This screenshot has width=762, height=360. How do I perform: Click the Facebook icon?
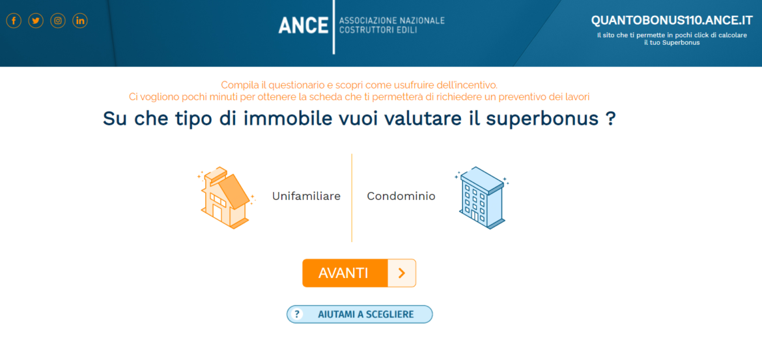[14, 21]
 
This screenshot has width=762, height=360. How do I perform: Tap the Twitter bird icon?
[36, 21]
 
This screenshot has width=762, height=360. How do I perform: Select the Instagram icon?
[58, 21]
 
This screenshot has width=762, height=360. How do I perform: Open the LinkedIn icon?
[80, 21]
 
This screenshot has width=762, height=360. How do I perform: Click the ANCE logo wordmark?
[303, 25]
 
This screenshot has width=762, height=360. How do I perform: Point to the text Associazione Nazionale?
[391, 21]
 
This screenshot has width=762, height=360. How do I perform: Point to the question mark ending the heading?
[610, 120]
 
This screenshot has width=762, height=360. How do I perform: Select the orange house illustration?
[225, 197]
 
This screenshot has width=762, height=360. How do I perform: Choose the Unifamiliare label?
[306, 196]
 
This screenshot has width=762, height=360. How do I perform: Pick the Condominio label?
[401, 196]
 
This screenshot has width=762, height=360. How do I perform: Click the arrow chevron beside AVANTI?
[401, 273]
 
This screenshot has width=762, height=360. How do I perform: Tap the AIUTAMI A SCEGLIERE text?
[365, 314]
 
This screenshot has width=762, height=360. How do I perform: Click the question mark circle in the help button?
[297, 314]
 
